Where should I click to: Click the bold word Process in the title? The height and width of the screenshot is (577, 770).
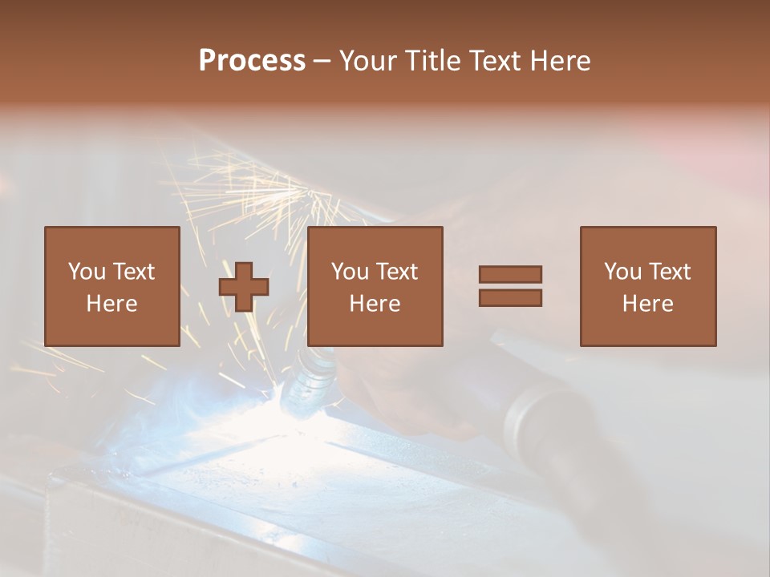[252, 61]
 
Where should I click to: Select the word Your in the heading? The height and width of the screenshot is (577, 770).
[367, 61]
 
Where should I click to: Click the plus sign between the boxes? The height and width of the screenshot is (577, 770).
[244, 286]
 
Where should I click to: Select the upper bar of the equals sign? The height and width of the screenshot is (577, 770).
[510, 274]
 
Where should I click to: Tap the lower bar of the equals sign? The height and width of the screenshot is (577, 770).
[510, 298]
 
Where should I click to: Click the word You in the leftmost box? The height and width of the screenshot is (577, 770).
[86, 272]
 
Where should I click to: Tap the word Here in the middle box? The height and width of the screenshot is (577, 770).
[375, 304]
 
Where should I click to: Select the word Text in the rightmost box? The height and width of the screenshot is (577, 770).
[670, 272]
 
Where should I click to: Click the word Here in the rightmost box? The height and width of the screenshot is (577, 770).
[647, 304]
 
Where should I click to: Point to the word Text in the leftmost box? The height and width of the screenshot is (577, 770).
[134, 272]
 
